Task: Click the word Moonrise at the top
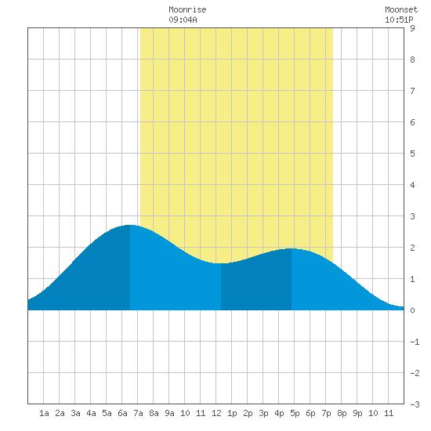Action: (x=187, y=9)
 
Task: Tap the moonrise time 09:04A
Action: (x=183, y=20)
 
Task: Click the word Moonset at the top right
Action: (x=401, y=9)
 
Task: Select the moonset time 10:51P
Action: (x=399, y=20)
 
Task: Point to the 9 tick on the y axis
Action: (x=412, y=28)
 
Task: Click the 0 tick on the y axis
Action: (x=412, y=310)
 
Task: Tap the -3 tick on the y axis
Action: (x=415, y=404)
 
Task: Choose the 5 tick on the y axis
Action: (x=412, y=154)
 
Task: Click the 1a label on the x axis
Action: (x=44, y=413)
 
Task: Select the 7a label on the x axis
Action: (x=138, y=413)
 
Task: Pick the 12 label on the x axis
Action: (x=216, y=413)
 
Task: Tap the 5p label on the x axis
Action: (x=295, y=413)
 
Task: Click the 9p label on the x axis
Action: (x=357, y=413)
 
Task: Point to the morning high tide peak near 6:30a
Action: (x=130, y=225)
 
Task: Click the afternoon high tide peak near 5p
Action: (x=292, y=248)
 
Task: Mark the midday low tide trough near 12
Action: (x=221, y=263)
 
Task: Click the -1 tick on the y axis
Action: (x=415, y=342)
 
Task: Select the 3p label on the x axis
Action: (x=263, y=413)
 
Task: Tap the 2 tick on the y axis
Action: (x=412, y=248)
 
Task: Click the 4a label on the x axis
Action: (x=91, y=413)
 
